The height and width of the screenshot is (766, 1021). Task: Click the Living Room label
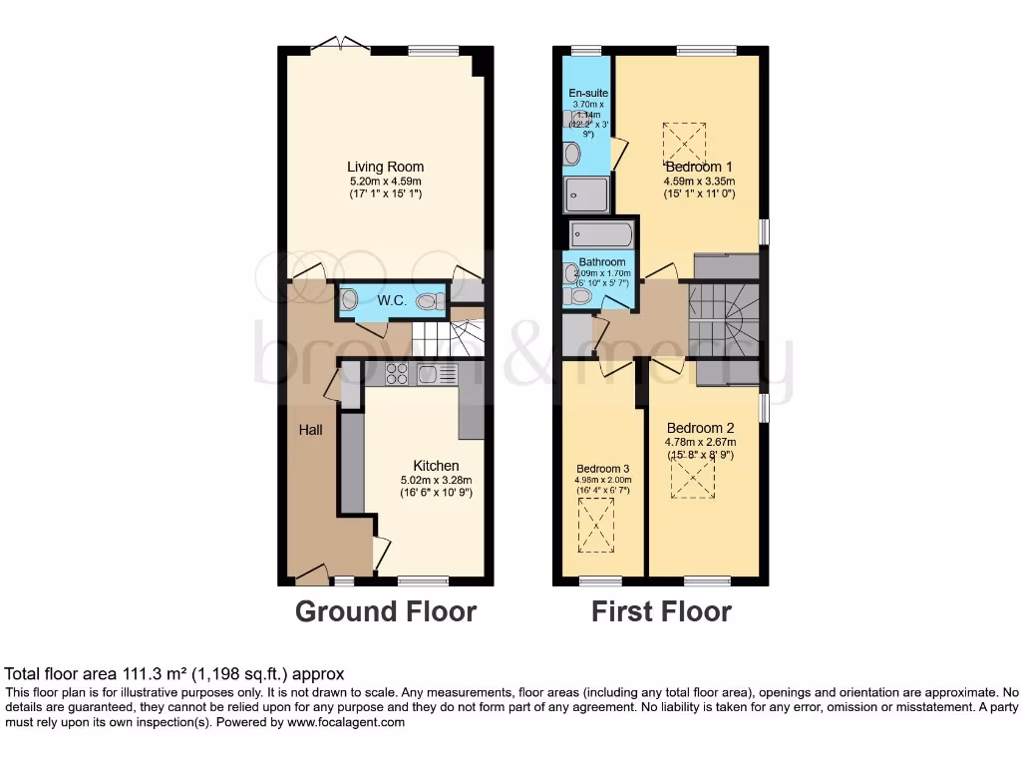pos(385,167)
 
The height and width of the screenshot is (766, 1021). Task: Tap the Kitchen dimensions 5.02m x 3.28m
pos(436,480)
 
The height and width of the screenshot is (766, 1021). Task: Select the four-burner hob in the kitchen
pos(396,374)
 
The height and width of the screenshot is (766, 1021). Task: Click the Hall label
pos(310,430)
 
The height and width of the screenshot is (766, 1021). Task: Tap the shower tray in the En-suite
pos(586,194)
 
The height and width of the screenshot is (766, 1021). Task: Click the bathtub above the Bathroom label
pos(601,235)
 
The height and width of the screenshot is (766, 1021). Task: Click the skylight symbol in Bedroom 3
pos(597,525)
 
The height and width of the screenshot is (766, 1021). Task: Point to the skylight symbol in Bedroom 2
pos(692,479)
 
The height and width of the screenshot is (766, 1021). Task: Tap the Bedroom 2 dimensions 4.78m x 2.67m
pos(700,442)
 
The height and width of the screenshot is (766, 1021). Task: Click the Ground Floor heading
pos(385,611)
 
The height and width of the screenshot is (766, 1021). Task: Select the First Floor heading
pos(661,611)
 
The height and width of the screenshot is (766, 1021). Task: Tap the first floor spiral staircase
pos(724,317)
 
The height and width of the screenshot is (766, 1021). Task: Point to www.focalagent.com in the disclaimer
pos(346,723)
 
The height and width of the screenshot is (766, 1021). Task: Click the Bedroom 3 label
pos(602,468)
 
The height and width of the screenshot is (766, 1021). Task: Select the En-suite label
pos(587,94)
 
